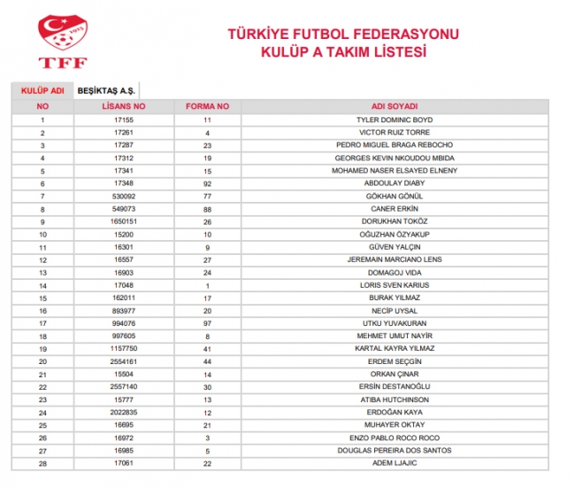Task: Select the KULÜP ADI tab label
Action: click(42, 90)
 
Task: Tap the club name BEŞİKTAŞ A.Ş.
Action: click(107, 90)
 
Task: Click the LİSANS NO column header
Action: click(123, 106)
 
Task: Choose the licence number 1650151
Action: click(123, 221)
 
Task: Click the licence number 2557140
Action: click(123, 387)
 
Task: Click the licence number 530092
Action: click(123, 196)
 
